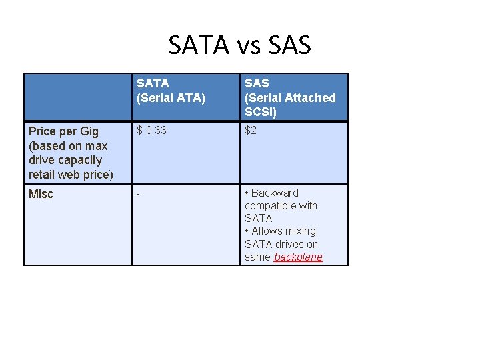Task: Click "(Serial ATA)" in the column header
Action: click(171, 98)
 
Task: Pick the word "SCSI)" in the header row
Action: click(261, 112)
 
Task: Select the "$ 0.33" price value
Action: click(152, 131)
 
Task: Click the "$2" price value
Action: click(251, 131)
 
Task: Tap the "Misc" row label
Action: click(41, 194)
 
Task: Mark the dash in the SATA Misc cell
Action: click(139, 193)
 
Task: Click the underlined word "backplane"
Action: click(298, 257)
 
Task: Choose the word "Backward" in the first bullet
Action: click(275, 193)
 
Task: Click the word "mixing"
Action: click(301, 231)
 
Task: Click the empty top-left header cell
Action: click(78, 97)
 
